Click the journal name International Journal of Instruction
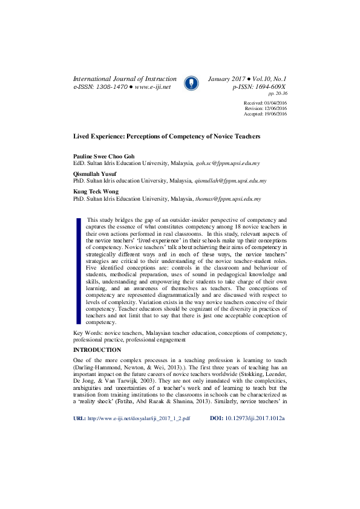[x=125, y=79]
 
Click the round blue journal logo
[x=191, y=82]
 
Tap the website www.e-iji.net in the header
[x=153, y=87]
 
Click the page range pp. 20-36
[x=278, y=94]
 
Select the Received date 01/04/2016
[x=273, y=103]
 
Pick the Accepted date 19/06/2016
[x=273, y=114]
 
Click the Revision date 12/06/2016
[x=273, y=109]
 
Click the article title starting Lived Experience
[x=167, y=137]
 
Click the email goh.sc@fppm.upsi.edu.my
[x=227, y=163]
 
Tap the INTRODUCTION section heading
[x=97, y=350]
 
